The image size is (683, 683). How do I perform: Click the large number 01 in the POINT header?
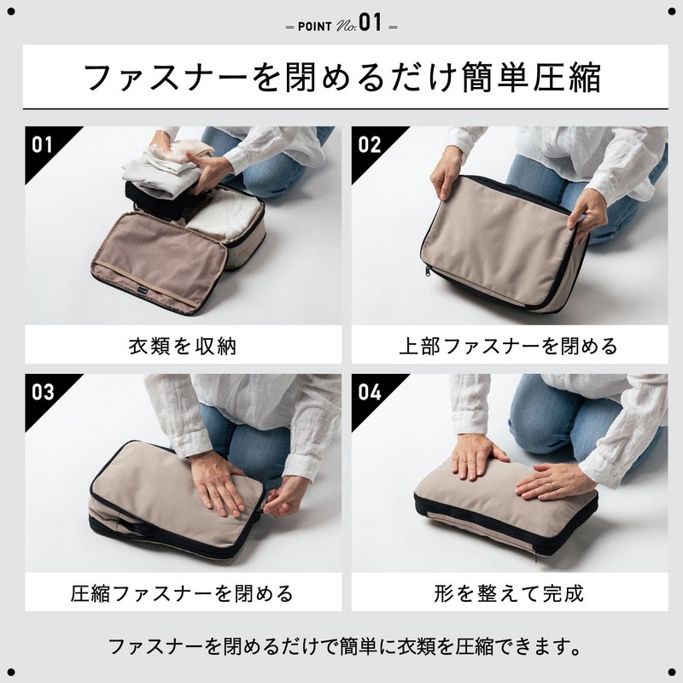[371, 22]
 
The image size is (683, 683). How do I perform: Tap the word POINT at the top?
[314, 26]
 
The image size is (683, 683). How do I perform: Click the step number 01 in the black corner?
[42, 144]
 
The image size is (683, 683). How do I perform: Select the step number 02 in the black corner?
[369, 144]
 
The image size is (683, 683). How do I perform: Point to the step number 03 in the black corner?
[42, 392]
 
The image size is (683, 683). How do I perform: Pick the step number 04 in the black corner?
[370, 392]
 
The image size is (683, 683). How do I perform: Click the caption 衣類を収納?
[183, 347]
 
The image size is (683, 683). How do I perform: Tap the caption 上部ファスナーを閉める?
[508, 347]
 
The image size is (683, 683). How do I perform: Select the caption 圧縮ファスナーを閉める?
[182, 593]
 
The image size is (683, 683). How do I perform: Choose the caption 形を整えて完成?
[509, 593]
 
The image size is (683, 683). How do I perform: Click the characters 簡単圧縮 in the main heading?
[531, 77]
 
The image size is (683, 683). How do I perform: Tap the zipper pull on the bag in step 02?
[428, 271]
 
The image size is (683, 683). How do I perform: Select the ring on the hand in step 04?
[552, 484]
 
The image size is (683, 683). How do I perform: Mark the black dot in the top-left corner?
[11, 12]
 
